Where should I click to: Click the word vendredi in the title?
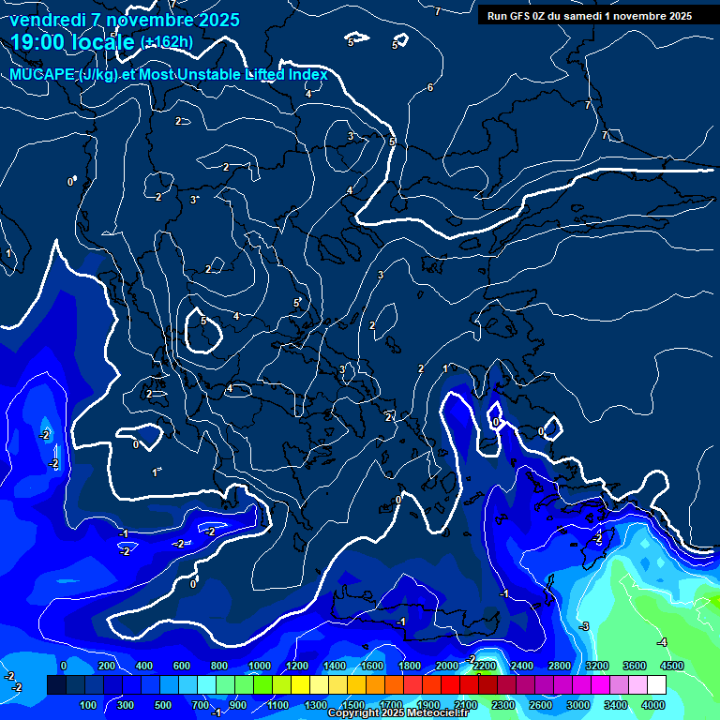47,20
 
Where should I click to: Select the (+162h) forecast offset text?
166,41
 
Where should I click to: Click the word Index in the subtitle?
306,75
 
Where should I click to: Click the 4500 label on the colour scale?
671,666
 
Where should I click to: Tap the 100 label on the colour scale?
87,704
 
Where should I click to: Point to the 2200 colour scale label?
484,666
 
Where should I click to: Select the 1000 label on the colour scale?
259,666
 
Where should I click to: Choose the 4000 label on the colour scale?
653,704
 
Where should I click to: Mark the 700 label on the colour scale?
200,704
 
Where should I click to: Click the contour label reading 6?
430,87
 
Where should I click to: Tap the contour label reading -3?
583,625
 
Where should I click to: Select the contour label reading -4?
662,642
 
